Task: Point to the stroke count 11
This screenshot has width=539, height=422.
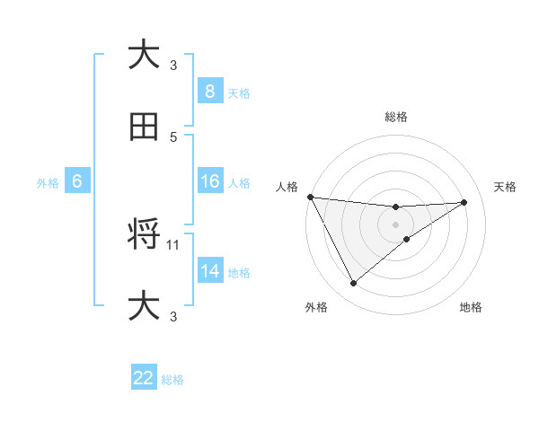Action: [174, 243]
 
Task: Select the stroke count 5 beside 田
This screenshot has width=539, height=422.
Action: [173, 136]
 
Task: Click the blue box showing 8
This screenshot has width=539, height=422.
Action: [209, 92]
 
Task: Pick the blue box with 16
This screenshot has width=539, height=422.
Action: [209, 182]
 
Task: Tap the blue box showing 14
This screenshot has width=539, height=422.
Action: [209, 271]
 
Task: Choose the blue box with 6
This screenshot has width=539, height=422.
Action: [77, 182]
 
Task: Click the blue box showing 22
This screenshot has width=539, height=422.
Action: [144, 378]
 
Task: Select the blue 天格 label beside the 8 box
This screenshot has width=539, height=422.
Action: [239, 92]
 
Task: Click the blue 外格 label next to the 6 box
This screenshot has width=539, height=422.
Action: [48, 183]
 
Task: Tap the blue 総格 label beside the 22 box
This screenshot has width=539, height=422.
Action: [172, 380]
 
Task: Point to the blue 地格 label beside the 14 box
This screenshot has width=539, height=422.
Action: [239, 272]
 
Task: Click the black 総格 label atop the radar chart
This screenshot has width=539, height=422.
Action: [396, 117]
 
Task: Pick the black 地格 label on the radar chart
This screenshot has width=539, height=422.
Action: [472, 307]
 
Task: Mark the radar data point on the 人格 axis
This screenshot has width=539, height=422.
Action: [310, 197]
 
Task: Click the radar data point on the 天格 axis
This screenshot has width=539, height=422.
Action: [464, 202]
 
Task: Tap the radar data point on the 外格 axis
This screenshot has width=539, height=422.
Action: [353, 284]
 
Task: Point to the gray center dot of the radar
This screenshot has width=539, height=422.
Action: [396, 224]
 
